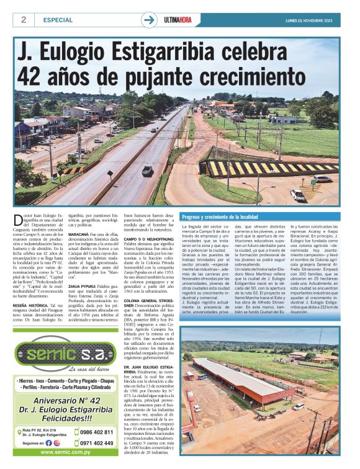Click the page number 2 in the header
coord(24,19)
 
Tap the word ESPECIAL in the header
coord(58,20)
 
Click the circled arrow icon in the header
coord(149,20)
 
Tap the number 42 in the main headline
coord(32,76)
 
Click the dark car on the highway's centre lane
coord(147,169)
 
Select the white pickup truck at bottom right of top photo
coord(299,195)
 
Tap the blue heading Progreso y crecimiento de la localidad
coord(220,217)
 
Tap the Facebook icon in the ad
coord(48,443)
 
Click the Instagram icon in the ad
coord(57,443)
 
